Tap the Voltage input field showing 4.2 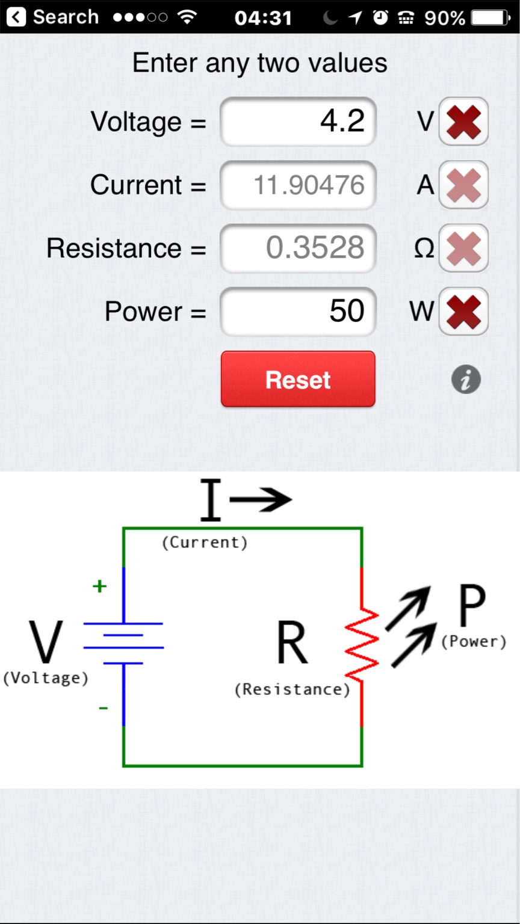pyautogui.click(x=298, y=122)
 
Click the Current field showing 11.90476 pyautogui.click(x=298, y=185)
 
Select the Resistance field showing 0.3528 pyautogui.click(x=298, y=248)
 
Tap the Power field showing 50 pyautogui.click(x=298, y=311)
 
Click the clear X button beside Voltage pyautogui.click(x=463, y=122)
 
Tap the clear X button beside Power pyautogui.click(x=463, y=311)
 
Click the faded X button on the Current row pyautogui.click(x=463, y=185)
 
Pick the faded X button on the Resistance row pyautogui.click(x=463, y=248)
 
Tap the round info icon pyautogui.click(x=466, y=380)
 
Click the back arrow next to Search pyautogui.click(x=16, y=17)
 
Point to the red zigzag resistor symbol pyautogui.click(x=362, y=647)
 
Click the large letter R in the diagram pyautogui.click(x=292, y=643)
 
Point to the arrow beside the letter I pyautogui.click(x=260, y=499)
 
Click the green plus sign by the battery pyautogui.click(x=99, y=586)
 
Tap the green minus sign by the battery pyautogui.click(x=104, y=708)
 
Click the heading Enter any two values pyautogui.click(x=259, y=63)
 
